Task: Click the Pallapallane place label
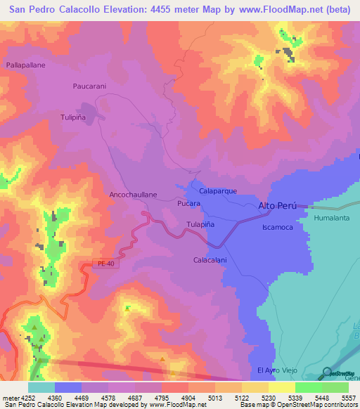pos(26,64)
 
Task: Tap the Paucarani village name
pos(89,86)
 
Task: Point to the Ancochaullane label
pos(133,194)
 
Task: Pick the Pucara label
pos(189,203)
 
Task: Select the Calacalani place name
pos(210,260)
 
